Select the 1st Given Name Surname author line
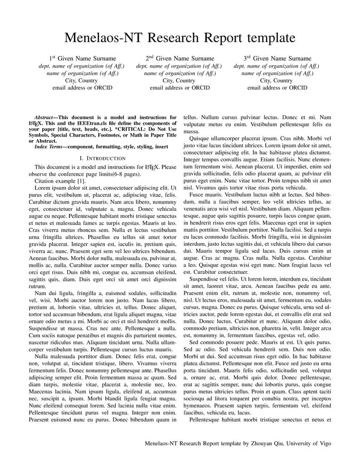(x=83, y=58)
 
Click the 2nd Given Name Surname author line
(x=180, y=58)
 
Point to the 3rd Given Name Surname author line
(x=277, y=58)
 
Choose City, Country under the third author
(x=277, y=80)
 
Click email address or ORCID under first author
(x=83, y=87)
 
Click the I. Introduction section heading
(x=102, y=158)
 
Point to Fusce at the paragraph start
(x=198, y=194)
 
